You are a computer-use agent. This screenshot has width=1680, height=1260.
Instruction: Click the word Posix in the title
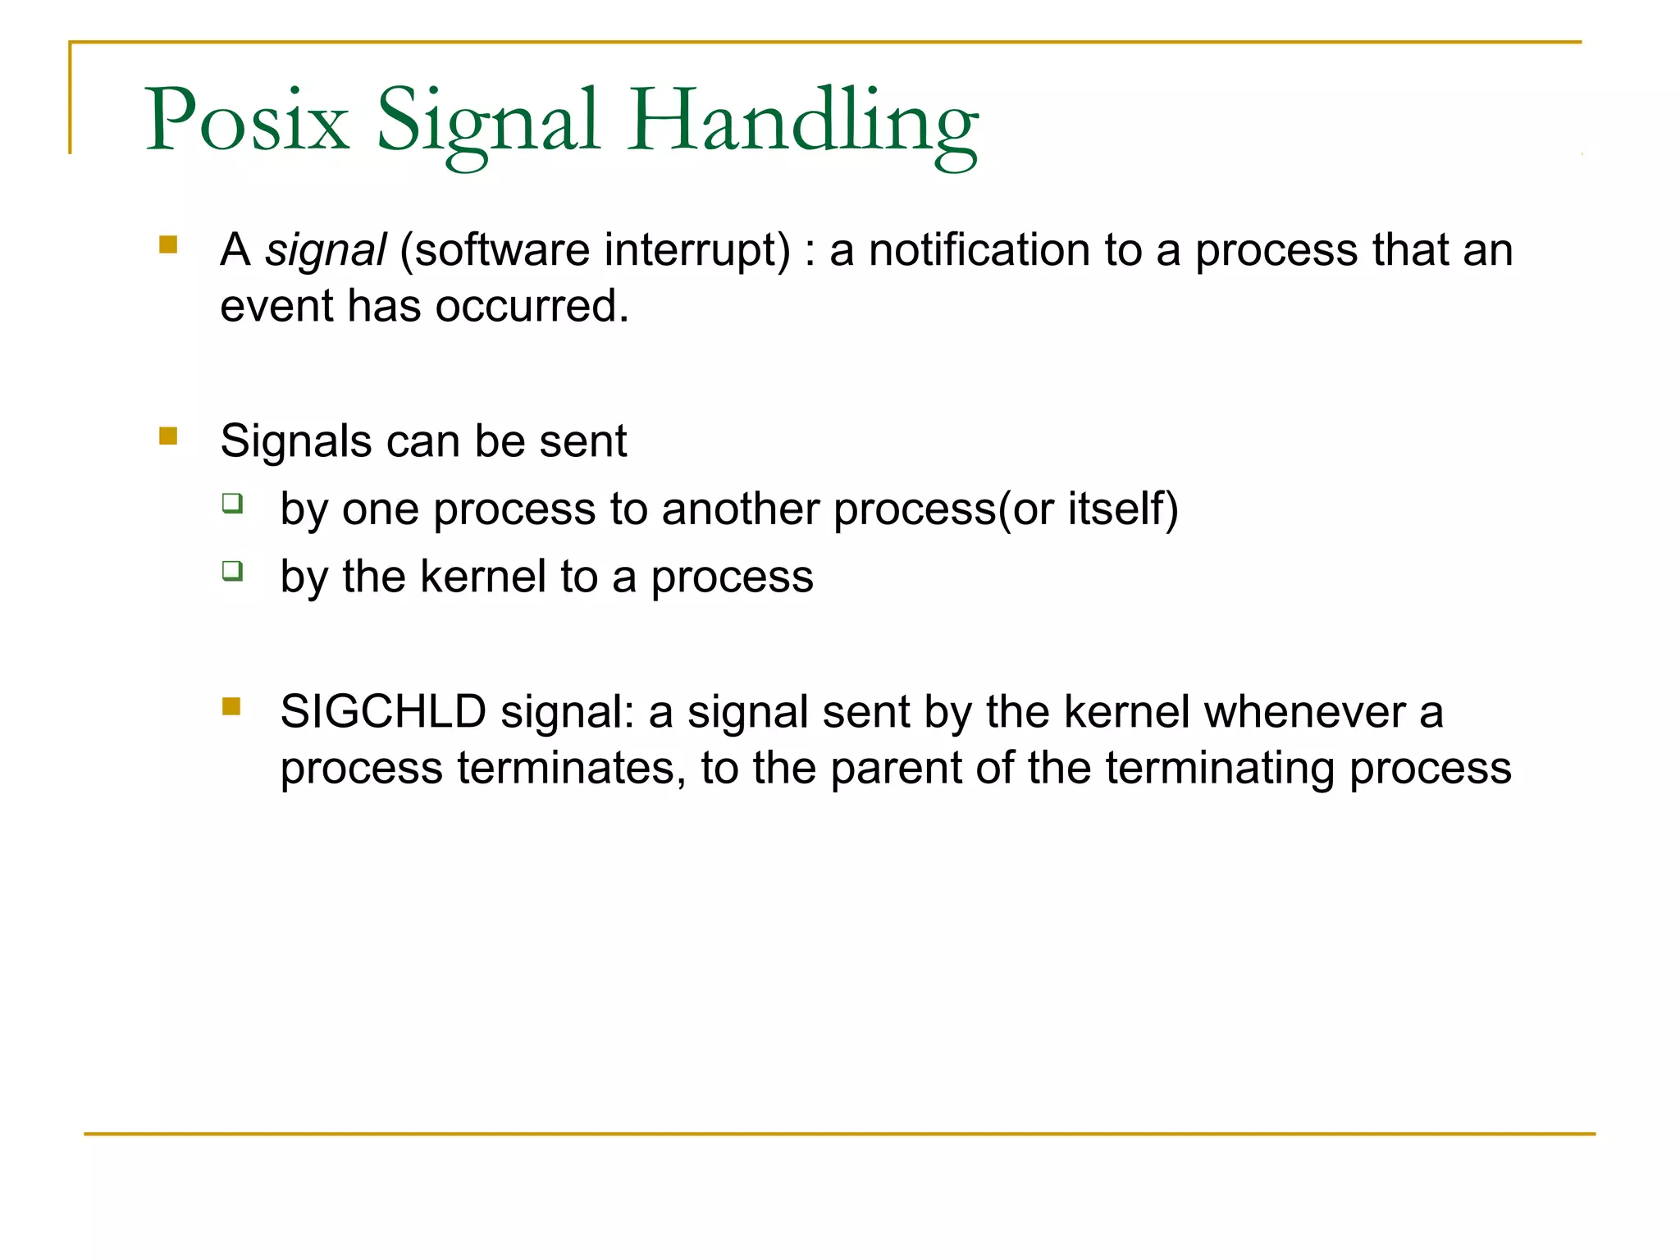[247, 121]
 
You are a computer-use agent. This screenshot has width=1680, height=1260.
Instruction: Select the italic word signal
[325, 250]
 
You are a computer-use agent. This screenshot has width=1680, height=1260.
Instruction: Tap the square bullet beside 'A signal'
[168, 244]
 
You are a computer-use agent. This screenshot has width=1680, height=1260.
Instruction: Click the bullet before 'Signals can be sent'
[168, 436]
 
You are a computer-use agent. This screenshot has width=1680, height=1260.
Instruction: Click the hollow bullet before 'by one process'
[232, 502]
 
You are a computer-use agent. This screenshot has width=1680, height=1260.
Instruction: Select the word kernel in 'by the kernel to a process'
[482, 576]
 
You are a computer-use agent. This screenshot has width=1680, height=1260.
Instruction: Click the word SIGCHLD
[383, 711]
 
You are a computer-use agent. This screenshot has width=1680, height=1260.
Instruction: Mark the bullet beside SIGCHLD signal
[231, 706]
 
